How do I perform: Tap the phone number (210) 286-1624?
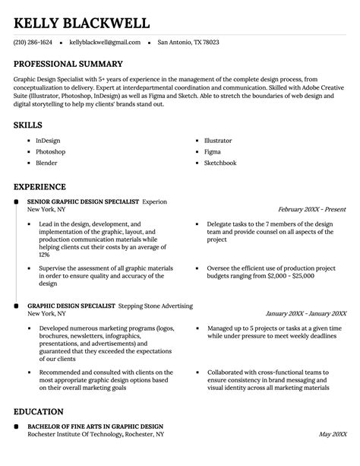pyautogui.click(x=33, y=43)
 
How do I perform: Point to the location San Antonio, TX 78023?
pyautogui.click(x=188, y=43)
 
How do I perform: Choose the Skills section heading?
pyautogui.click(x=27, y=124)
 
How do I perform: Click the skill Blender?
pyautogui.click(x=46, y=163)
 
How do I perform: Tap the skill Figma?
pyautogui.click(x=213, y=152)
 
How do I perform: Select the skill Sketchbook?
pyautogui.click(x=220, y=163)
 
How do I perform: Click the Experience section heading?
pyautogui.click(x=39, y=186)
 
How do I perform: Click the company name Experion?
pyautogui.click(x=155, y=201)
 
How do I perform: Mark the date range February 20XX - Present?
pyautogui.click(x=311, y=208)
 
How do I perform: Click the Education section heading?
pyautogui.click(x=38, y=411)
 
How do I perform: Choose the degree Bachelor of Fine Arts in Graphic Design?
pyautogui.click(x=95, y=426)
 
